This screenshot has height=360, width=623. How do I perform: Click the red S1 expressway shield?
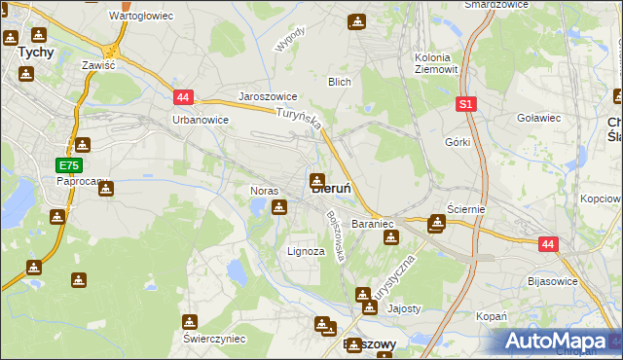467,102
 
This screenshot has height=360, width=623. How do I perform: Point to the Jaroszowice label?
268,97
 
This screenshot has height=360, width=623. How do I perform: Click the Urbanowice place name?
200,120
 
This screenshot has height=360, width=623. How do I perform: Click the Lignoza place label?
306,251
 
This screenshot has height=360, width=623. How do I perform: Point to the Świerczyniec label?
214,339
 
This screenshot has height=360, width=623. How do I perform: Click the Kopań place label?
492,316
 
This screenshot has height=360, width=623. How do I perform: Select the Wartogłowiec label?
140,17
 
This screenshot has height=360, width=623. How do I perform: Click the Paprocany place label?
82,181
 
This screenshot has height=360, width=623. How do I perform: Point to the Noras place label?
265,191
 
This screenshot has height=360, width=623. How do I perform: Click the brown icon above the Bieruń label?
317,179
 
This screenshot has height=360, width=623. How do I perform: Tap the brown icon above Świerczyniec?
190,321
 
